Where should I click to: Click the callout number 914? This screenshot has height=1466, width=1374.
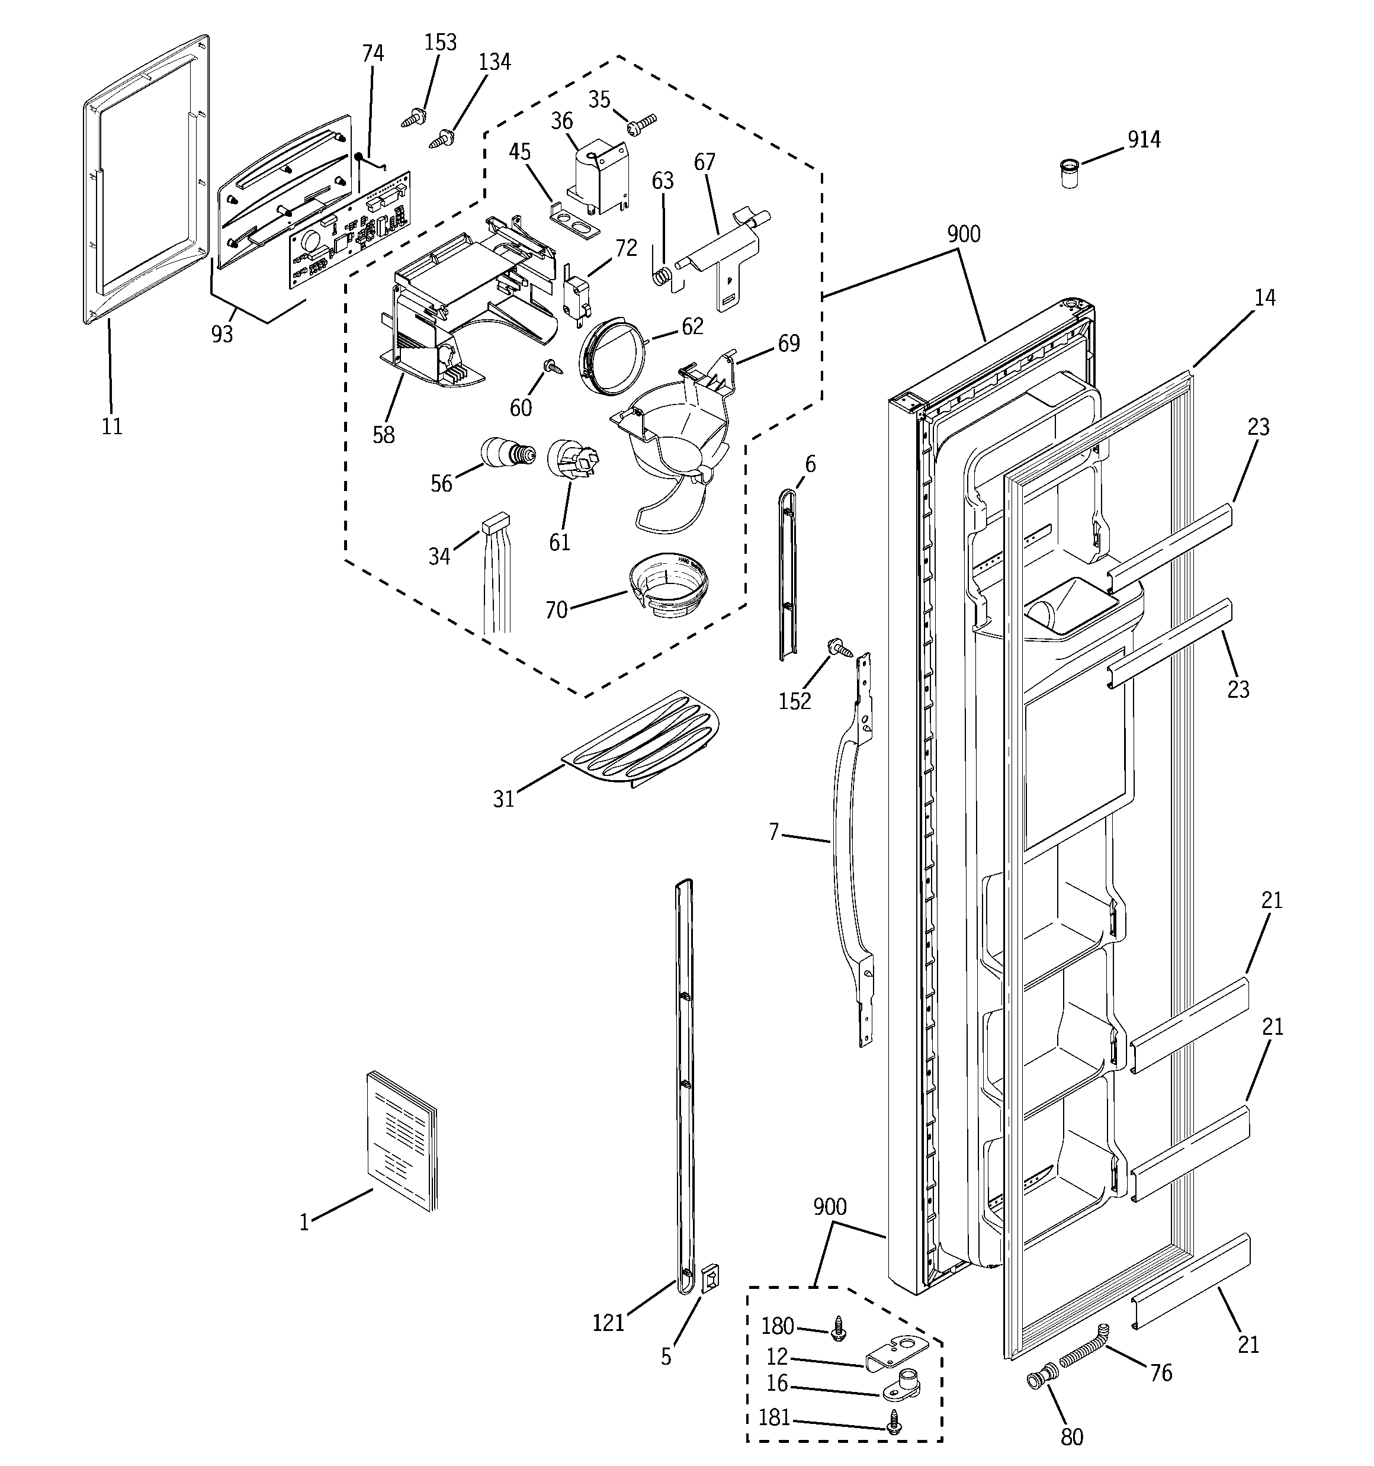click(1143, 139)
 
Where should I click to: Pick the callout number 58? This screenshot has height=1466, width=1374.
click(384, 435)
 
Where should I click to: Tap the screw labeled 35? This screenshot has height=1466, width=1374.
click(641, 124)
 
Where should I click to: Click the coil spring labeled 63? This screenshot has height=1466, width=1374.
click(663, 274)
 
